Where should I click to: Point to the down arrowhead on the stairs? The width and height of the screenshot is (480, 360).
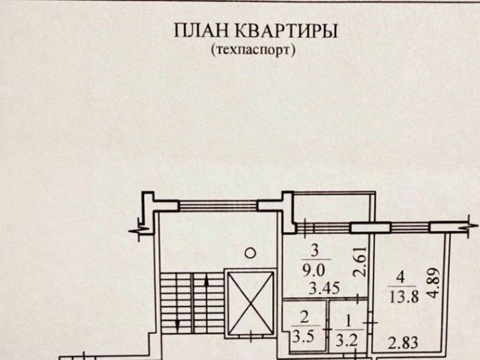point(177,323)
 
